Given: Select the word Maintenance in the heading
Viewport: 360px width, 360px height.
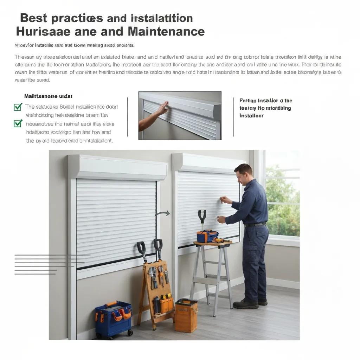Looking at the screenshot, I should tap(166, 32).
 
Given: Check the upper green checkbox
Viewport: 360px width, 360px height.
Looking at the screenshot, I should tap(18, 107).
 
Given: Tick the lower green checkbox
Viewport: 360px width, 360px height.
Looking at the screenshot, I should tap(18, 123).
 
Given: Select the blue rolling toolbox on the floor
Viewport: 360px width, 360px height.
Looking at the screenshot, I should tap(114, 319).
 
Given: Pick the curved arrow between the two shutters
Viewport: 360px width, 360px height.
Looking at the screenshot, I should tap(162, 213).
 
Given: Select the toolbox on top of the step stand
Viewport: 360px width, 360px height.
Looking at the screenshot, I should tap(207, 236).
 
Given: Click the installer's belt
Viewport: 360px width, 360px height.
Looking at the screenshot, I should tap(255, 225).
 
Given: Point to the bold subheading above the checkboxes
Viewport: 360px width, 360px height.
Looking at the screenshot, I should tap(48, 96).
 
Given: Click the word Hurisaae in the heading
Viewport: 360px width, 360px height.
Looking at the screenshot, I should tap(44, 32).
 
